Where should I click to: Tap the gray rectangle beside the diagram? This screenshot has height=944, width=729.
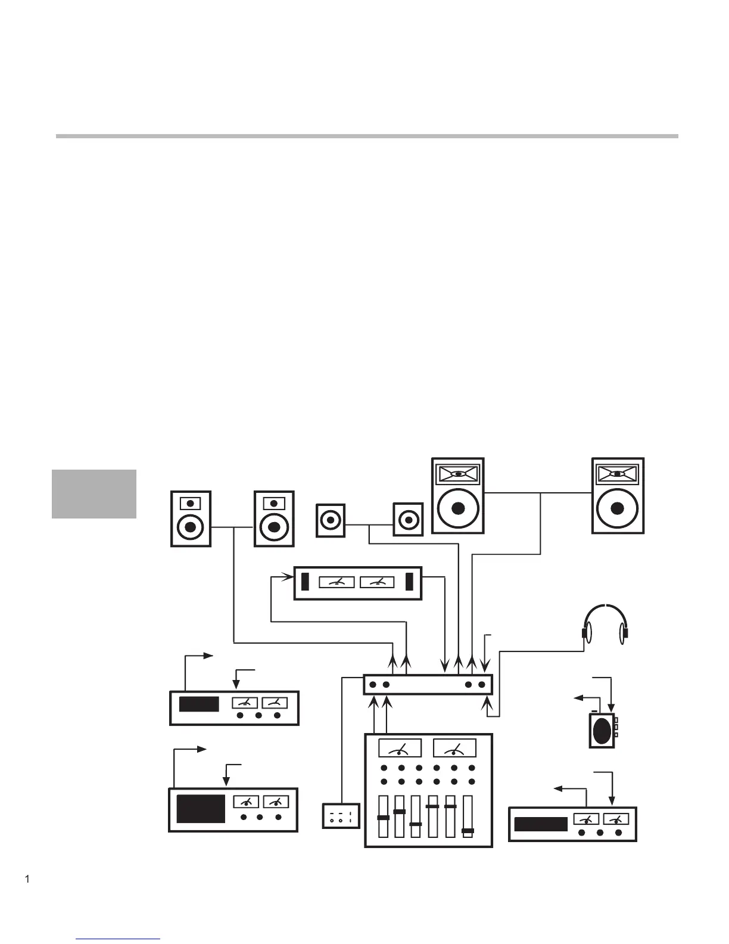click(x=94, y=494)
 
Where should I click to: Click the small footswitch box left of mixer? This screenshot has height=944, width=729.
click(x=341, y=816)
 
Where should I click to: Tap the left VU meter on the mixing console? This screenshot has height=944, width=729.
click(x=400, y=749)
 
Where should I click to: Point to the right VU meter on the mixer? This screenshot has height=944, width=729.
click(x=454, y=749)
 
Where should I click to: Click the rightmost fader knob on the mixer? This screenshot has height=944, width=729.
click(x=468, y=830)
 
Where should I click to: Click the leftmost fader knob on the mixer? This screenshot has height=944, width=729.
click(x=384, y=818)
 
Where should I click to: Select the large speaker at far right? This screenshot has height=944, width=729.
click(x=618, y=496)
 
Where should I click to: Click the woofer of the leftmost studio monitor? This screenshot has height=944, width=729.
click(x=191, y=527)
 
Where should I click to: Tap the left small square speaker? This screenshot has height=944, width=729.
click(x=331, y=520)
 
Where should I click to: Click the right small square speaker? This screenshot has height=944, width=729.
click(x=408, y=520)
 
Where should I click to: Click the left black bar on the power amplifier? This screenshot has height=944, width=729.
click(x=306, y=582)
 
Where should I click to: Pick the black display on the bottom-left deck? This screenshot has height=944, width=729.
click(x=201, y=809)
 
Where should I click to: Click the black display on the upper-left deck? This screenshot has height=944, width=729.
click(x=199, y=704)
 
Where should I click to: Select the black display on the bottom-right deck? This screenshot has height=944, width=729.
click(x=541, y=824)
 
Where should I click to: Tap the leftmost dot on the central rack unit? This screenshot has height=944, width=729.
click(x=372, y=685)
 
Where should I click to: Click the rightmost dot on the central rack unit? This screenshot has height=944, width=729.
click(x=482, y=685)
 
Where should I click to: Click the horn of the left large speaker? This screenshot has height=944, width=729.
click(x=457, y=474)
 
